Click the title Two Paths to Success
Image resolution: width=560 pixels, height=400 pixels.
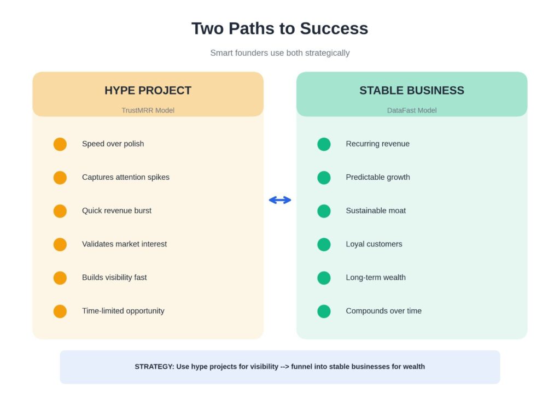click(279, 28)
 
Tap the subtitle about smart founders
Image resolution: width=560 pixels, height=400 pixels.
click(279, 53)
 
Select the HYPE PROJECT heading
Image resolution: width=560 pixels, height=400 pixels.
click(148, 91)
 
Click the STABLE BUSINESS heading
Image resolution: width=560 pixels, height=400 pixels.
click(411, 91)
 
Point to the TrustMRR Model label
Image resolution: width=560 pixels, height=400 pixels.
click(148, 110)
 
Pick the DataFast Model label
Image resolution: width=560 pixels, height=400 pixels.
click(411, 110)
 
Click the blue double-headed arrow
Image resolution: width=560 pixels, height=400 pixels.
click(280, 200)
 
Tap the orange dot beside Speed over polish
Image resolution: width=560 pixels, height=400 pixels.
click(60, 144)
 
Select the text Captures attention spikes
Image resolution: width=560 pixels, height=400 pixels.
click(126, 177)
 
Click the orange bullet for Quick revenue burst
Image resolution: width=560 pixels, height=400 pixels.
click(60, 211)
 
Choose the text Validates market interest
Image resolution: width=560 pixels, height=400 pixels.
click(124, 244)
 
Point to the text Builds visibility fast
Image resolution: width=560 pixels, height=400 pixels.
click(114, 277)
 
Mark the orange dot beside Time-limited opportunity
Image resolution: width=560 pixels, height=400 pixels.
click(60, 311)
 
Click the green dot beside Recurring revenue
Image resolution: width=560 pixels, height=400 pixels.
click(324, 144)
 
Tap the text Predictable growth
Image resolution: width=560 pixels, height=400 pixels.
click(377, 177)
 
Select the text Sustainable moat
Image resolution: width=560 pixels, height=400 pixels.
click(376, 210)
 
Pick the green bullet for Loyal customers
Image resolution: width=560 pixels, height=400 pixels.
click(324, 244)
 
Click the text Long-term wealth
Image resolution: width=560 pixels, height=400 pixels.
click(376, 277)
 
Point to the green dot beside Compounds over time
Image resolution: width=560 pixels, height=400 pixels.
click(324, 311)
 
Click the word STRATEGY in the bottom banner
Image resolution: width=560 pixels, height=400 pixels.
click(154, 367)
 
